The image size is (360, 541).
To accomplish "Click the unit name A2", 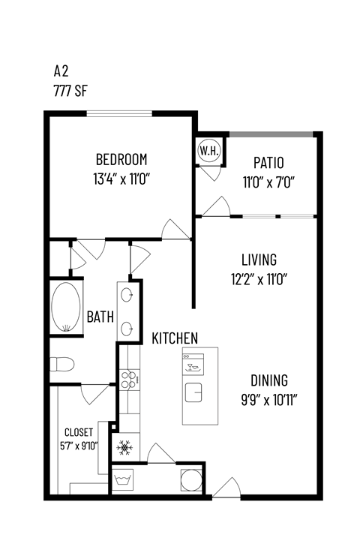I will click(x=61, y=71).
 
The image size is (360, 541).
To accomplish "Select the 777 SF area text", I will click(x=70, y=89).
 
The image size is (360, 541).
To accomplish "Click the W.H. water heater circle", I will click(x=208, y=151).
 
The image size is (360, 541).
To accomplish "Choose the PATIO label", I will click(x=268, y=163).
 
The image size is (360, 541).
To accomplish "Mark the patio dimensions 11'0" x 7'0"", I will click(x=268, y=181).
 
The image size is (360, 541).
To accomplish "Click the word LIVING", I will click(x=259, y=260).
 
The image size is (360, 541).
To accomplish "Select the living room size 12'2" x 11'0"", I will click(x=259, y=279).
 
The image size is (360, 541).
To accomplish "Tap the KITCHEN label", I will click(x=175, y=338).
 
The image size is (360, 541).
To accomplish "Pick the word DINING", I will click(x=269, y=380).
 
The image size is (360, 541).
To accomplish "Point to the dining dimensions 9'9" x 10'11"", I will click(x=269, y=398).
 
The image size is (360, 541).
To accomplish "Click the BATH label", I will click(x=100, y=317).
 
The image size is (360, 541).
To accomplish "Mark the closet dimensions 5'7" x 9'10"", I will click(x=79, y=440).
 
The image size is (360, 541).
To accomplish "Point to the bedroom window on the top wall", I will click(x=120, y=114).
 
